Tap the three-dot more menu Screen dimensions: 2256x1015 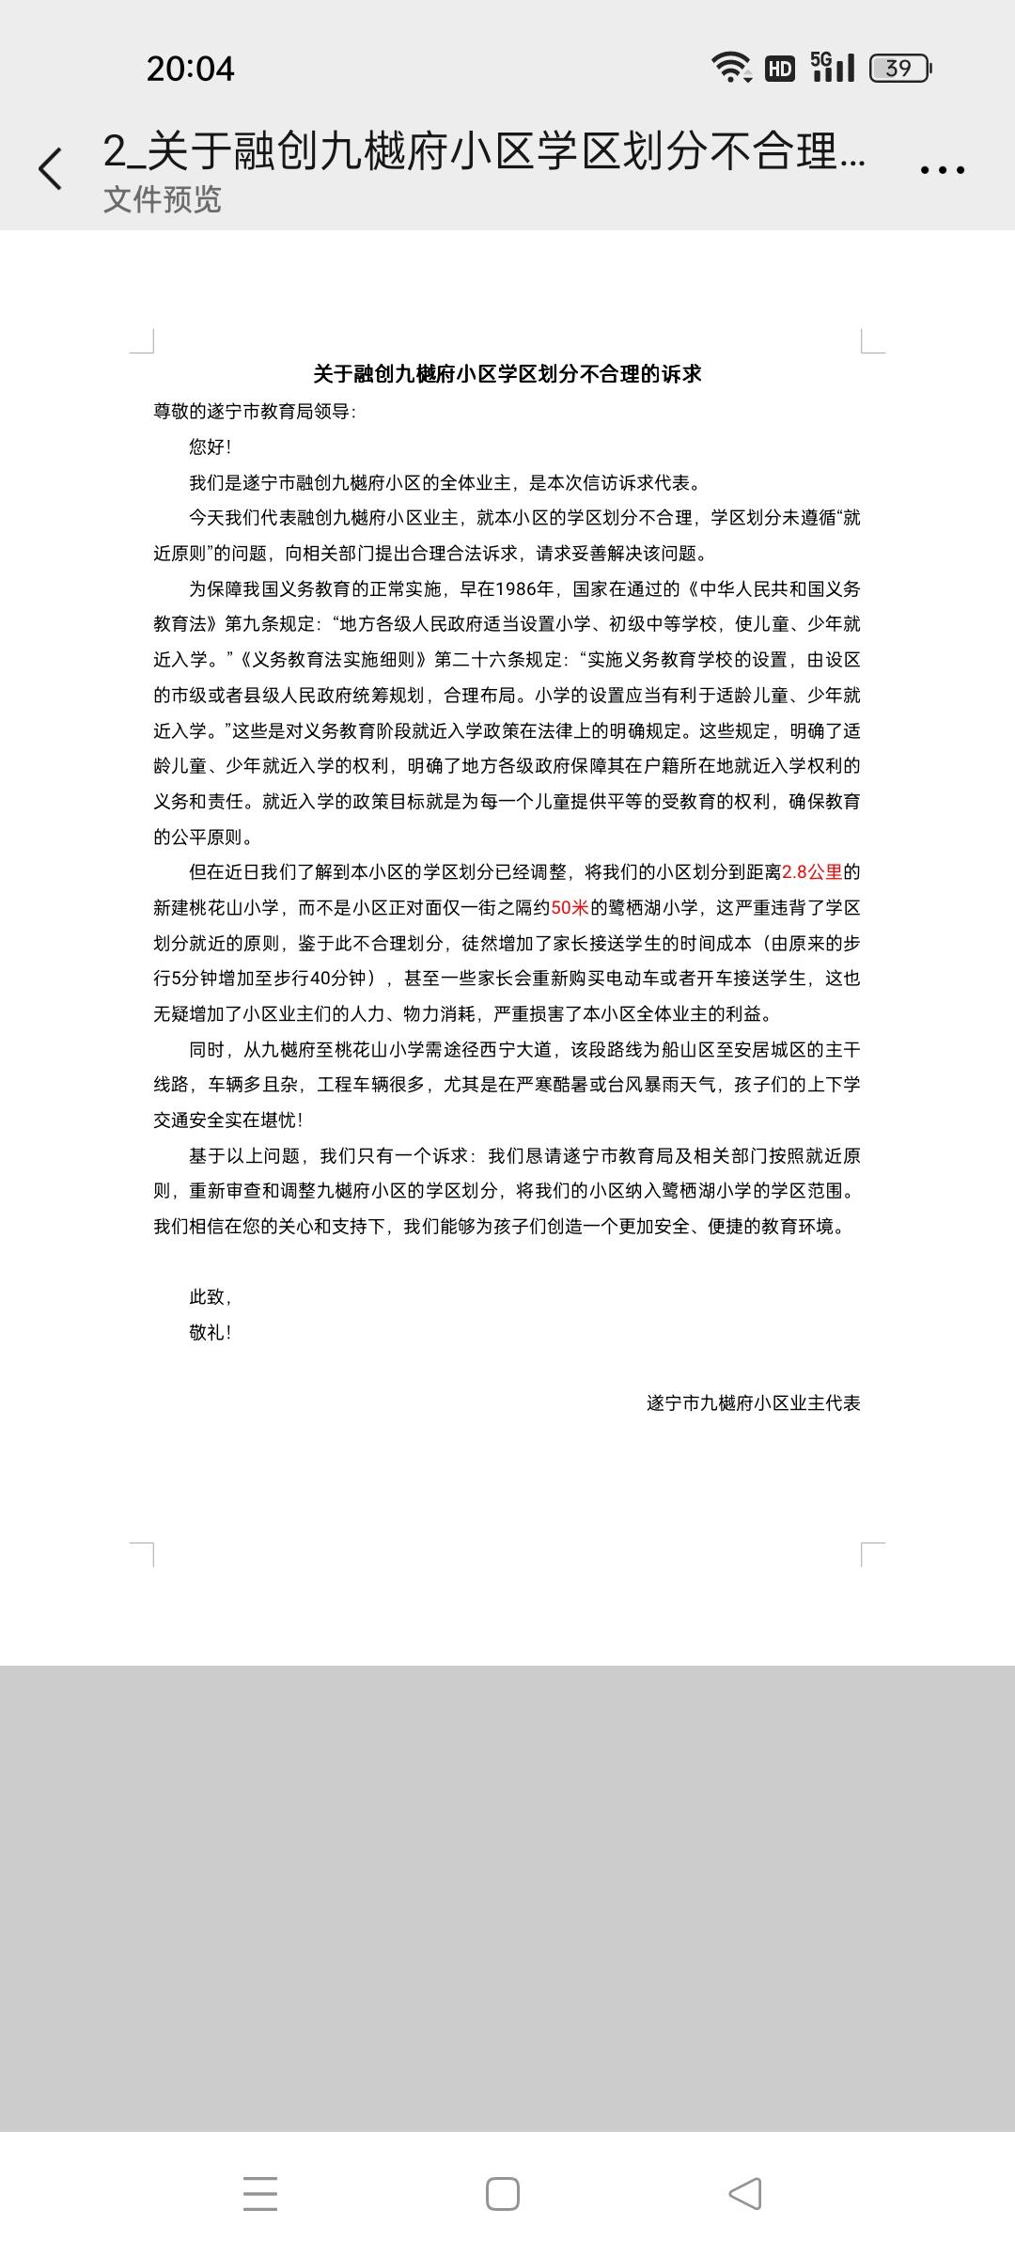pos(942,170)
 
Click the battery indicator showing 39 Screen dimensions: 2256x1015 pos(899,69)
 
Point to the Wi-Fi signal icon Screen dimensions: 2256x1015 pos(730,68)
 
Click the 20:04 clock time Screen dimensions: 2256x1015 pos(190,69)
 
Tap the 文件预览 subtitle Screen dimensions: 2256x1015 pos(163,199)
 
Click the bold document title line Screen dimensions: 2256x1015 pos(507,374)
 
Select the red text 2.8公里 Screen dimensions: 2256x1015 pos(812,872)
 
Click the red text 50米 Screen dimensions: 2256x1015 pos(570,908)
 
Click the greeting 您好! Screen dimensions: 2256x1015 pos(210,447)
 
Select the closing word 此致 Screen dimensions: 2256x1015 pos(211,1297)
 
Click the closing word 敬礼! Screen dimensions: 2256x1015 pos(211,1333)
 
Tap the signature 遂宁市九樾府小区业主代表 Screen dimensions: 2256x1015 pos(753,1403)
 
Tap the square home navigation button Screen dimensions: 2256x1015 pos(503,2195)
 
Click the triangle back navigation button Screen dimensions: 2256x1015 pos(745,2195)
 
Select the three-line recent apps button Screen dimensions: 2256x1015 pos(260,2195)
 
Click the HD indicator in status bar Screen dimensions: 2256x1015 pos(780,69)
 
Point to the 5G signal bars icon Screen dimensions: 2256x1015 pos(833,67)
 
